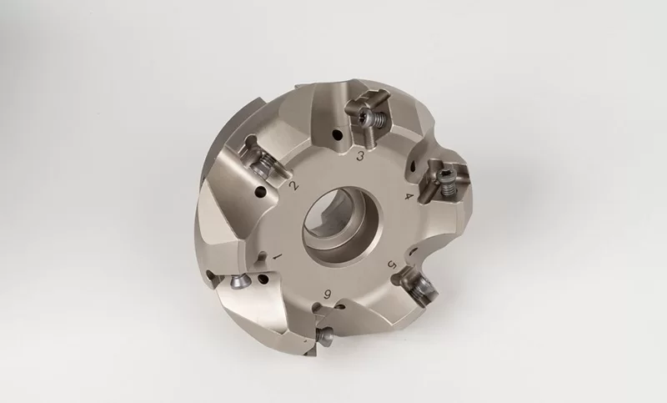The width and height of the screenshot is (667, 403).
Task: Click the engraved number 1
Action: point(277,254)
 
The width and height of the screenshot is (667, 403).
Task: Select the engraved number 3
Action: point(359,157)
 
